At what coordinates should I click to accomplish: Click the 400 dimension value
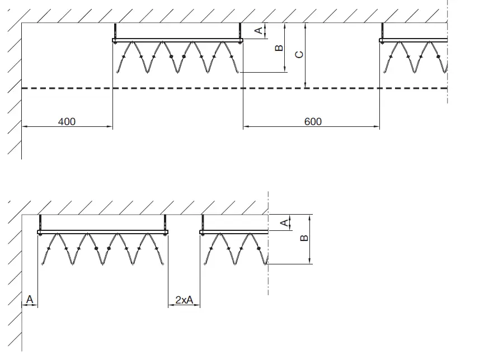coord(66,121)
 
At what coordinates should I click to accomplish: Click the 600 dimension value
coord(313,121)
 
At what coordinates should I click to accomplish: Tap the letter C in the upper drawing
coord(299,55)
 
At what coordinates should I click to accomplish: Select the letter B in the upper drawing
coord(279,49)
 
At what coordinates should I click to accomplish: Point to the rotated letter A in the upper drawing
coord(259,31)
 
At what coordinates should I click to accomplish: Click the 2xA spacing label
coord(184,300)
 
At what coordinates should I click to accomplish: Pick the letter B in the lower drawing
coord(304,238)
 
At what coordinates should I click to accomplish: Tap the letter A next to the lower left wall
coord(30,300)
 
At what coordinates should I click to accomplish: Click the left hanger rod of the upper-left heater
coord(114,31)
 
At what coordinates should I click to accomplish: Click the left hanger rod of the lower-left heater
coord(40,222)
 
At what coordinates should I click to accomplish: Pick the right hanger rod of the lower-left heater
coord(165,222)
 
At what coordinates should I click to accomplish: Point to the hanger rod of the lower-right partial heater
coord(202,222)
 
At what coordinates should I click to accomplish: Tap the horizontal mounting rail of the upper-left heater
coord(177,40)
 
